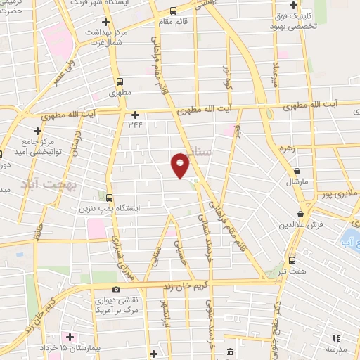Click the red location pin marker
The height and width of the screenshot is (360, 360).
pos(181,165)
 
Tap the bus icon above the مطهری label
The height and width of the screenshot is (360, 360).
pos(120,82)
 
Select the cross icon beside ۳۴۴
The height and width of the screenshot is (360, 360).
pos(136,114)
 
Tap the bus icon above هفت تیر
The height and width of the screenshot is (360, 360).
pos(292,259)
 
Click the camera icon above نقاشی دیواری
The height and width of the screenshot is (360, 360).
pos(116,289)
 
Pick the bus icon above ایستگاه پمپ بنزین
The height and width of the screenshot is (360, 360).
pos(108,197)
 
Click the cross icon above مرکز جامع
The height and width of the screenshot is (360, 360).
pos(37,131)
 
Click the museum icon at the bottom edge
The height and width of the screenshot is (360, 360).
pos(230,352)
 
